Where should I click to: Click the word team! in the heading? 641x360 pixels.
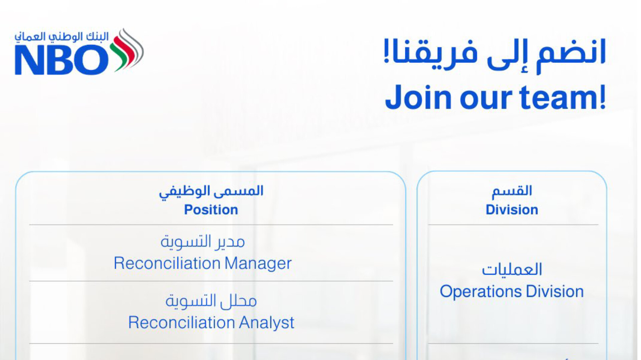click(x=563, y=97)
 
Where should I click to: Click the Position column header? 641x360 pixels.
click(x=211, y=210)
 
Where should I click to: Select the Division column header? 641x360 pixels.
click(x=512, y=210)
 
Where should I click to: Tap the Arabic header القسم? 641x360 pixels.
click(x=512, y=191)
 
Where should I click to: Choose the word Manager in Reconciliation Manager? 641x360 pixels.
click(x=258, y=264)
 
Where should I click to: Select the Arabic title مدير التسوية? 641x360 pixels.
click(x=203, y=241)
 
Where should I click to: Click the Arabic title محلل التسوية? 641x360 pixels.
click(x=211, y=301)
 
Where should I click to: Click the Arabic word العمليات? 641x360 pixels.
click(x=512, y=270)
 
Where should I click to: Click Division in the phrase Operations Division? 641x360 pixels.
click(x=555, y=292)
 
